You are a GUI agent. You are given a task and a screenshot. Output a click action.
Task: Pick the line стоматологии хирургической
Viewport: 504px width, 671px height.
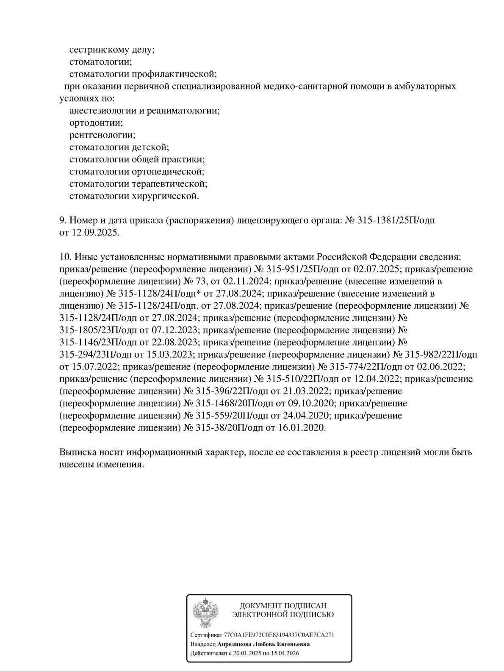click(134, 196)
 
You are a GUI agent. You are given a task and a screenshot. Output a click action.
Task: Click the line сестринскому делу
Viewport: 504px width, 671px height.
click(112, 50)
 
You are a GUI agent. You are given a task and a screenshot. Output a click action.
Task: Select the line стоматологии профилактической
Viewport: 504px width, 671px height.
click(143, 74)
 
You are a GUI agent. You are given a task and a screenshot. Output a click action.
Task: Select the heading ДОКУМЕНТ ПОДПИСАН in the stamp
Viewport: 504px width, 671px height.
click(283, 606)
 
